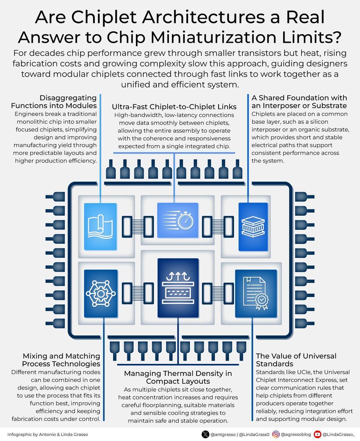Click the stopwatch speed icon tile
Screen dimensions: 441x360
[x=178, y=221]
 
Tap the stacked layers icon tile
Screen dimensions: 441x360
[x=253, y=226]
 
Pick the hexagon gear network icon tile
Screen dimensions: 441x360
[x=101, y=293]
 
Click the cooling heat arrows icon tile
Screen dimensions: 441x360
[x=178, y=287]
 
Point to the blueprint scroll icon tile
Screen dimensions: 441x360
[x=101, y=227]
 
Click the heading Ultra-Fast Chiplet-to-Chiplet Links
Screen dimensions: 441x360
[x=174, y=107]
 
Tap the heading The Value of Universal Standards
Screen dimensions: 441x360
[x=291, y=360]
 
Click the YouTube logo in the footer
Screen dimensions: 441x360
[x=317, y=434]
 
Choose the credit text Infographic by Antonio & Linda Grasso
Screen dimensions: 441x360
[x=48, y=434]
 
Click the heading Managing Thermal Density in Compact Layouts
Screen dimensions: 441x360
[x=178, y=377]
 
